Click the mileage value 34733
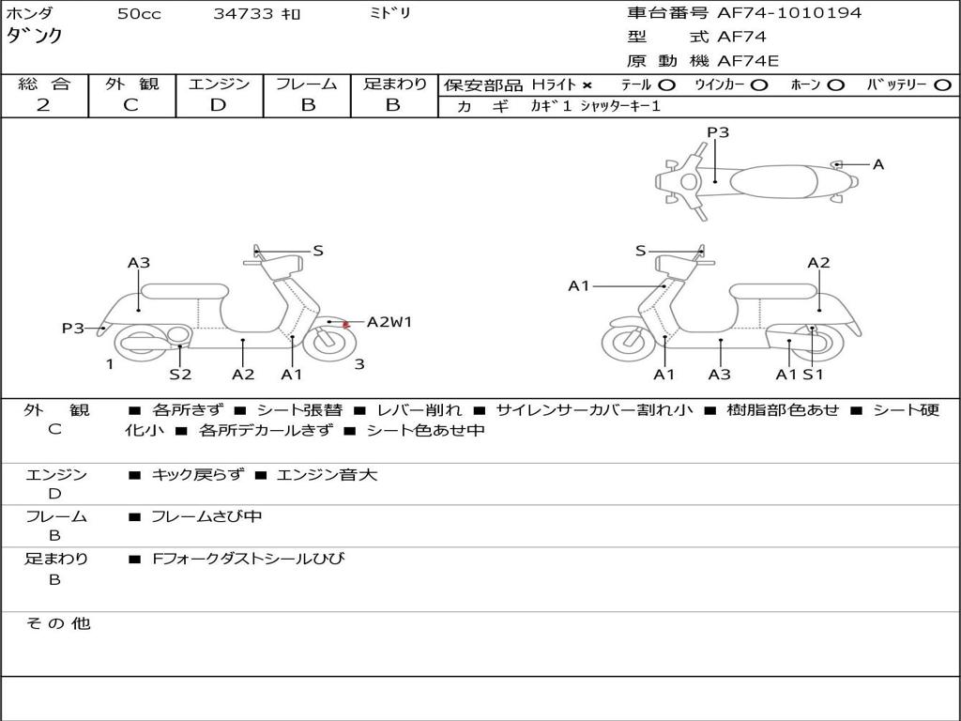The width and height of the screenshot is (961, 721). click(x=243, y=14)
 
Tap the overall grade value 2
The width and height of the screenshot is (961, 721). click(x=43, y=105)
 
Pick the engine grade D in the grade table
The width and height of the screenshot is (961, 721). click(x=218, y=105)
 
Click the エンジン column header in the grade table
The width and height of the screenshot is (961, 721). click(x=219, y=84)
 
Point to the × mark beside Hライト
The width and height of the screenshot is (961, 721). click(x=587, y=85)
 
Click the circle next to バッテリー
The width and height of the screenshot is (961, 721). click(x=941, y=85)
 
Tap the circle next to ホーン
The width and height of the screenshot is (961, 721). click(x=835, y=85)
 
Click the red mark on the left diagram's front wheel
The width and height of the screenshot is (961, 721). click(x=346, y=325)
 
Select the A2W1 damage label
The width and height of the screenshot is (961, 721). click(x=389, y=322)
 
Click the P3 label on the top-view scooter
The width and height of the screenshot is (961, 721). click(x=718, y=132)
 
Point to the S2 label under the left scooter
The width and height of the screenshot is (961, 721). click(x=180, y=375)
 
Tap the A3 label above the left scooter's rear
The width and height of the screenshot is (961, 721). click(x=139, y=263)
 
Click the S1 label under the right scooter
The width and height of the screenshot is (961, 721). click(x=813, y=375)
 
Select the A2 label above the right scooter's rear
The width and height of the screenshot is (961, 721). click(x=818, y=263)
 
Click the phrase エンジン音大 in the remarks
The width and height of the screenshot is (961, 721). click(x=327, y=475)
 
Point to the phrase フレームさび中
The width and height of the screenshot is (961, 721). click(x=206, y=516)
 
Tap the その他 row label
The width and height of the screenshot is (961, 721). click(x=57, y=623)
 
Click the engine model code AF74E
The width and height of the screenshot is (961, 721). click(x=748, y=62)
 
